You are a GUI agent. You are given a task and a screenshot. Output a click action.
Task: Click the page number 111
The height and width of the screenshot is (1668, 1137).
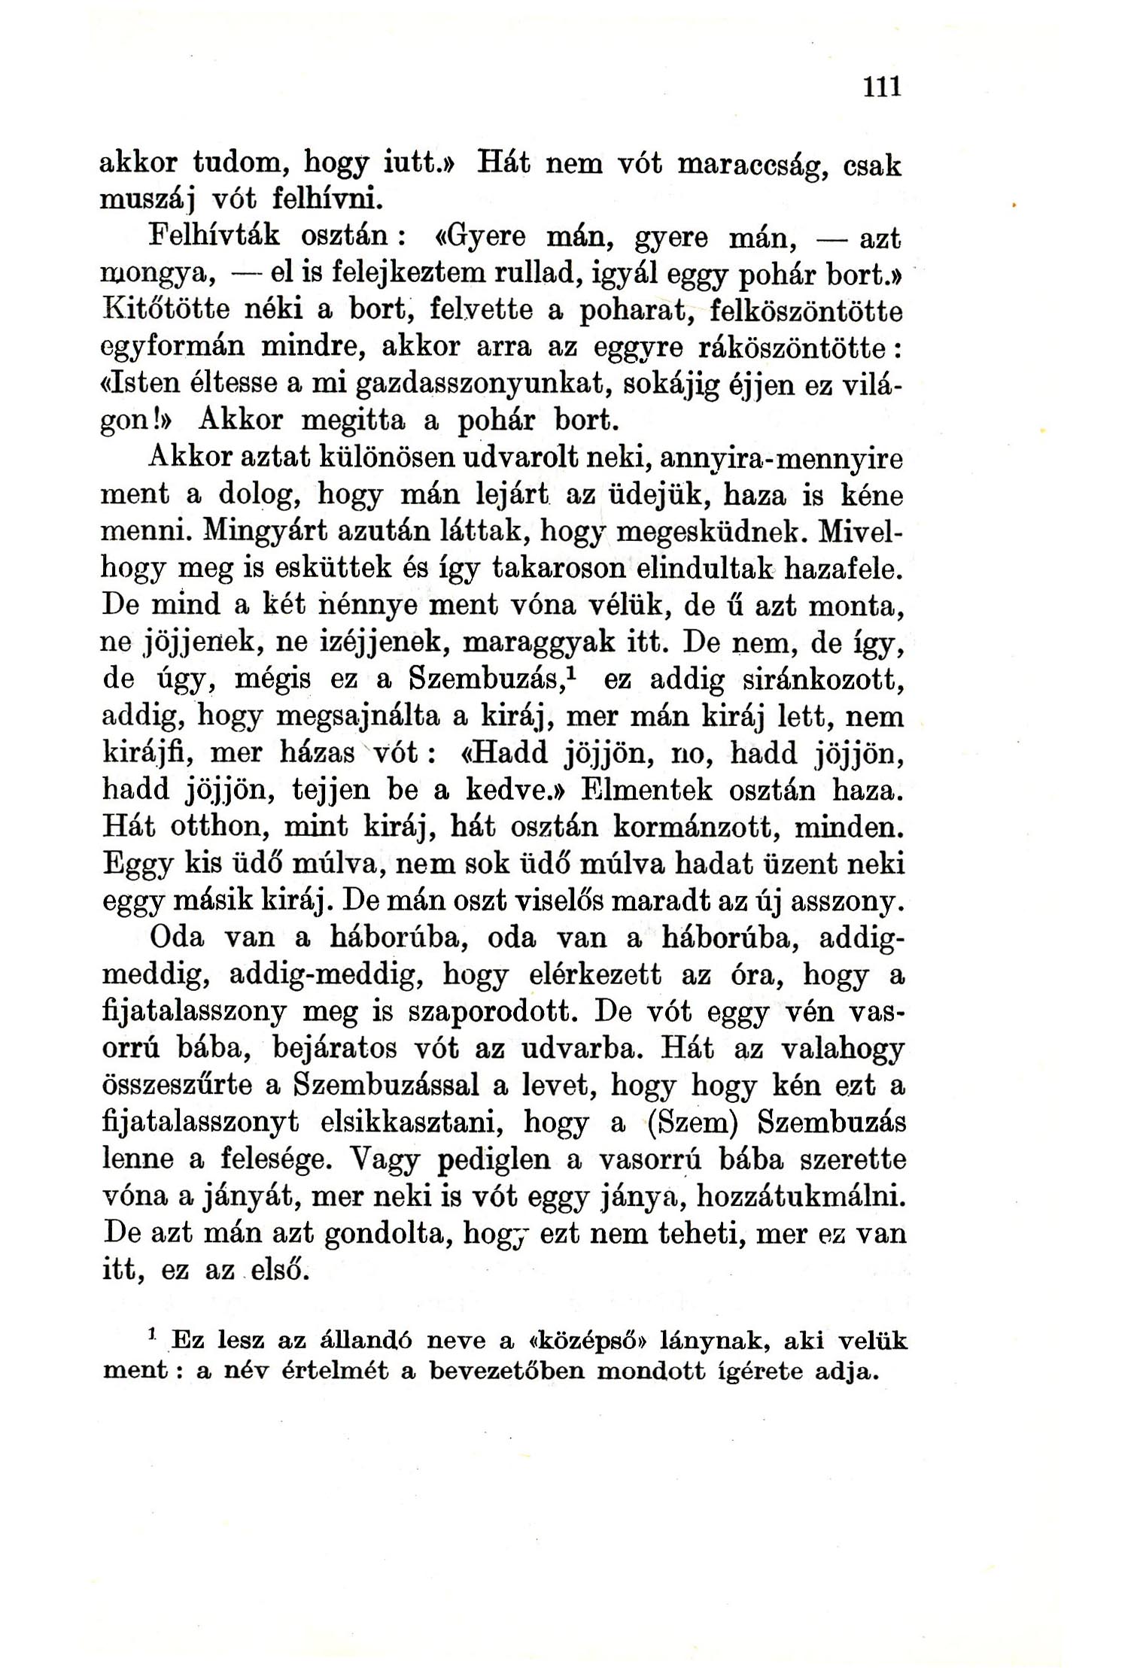tap(882, 87)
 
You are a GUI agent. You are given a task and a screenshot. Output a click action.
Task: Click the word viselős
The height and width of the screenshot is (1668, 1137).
tap(650, 901)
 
